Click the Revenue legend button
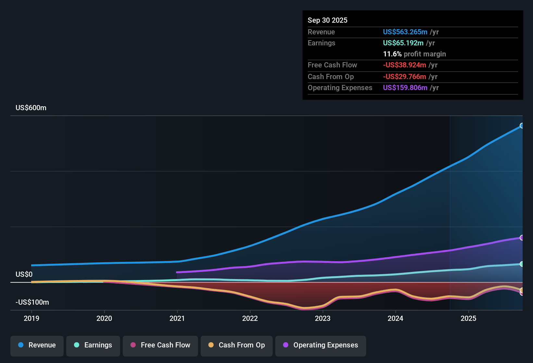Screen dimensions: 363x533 pos(37,345)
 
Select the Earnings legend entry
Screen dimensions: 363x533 pos(93,345)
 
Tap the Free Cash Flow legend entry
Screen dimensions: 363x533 pos(160,345)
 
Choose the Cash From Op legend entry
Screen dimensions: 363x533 pos(237,345)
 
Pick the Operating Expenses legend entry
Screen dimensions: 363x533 pos(321,345)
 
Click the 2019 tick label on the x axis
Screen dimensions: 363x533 pos(31,319)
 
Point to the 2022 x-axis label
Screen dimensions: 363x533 pos(250,319)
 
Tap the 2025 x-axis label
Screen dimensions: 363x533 pos(468,319)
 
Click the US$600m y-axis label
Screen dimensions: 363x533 pos(31,108)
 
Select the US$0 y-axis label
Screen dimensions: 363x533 pos(24,275)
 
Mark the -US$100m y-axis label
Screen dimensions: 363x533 pos(32,302)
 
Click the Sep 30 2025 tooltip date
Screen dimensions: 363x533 pos(328,20)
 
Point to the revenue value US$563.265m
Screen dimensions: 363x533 pos(405,32)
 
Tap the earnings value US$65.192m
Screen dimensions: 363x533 pos(403,43)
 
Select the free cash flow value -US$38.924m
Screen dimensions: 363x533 pos(404,65)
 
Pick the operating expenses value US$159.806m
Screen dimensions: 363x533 pos(405,88)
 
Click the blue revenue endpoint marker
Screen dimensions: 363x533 pos(522,126)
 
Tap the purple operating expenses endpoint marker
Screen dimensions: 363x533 pos(522,238)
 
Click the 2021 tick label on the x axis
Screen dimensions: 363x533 pos(177,319)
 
